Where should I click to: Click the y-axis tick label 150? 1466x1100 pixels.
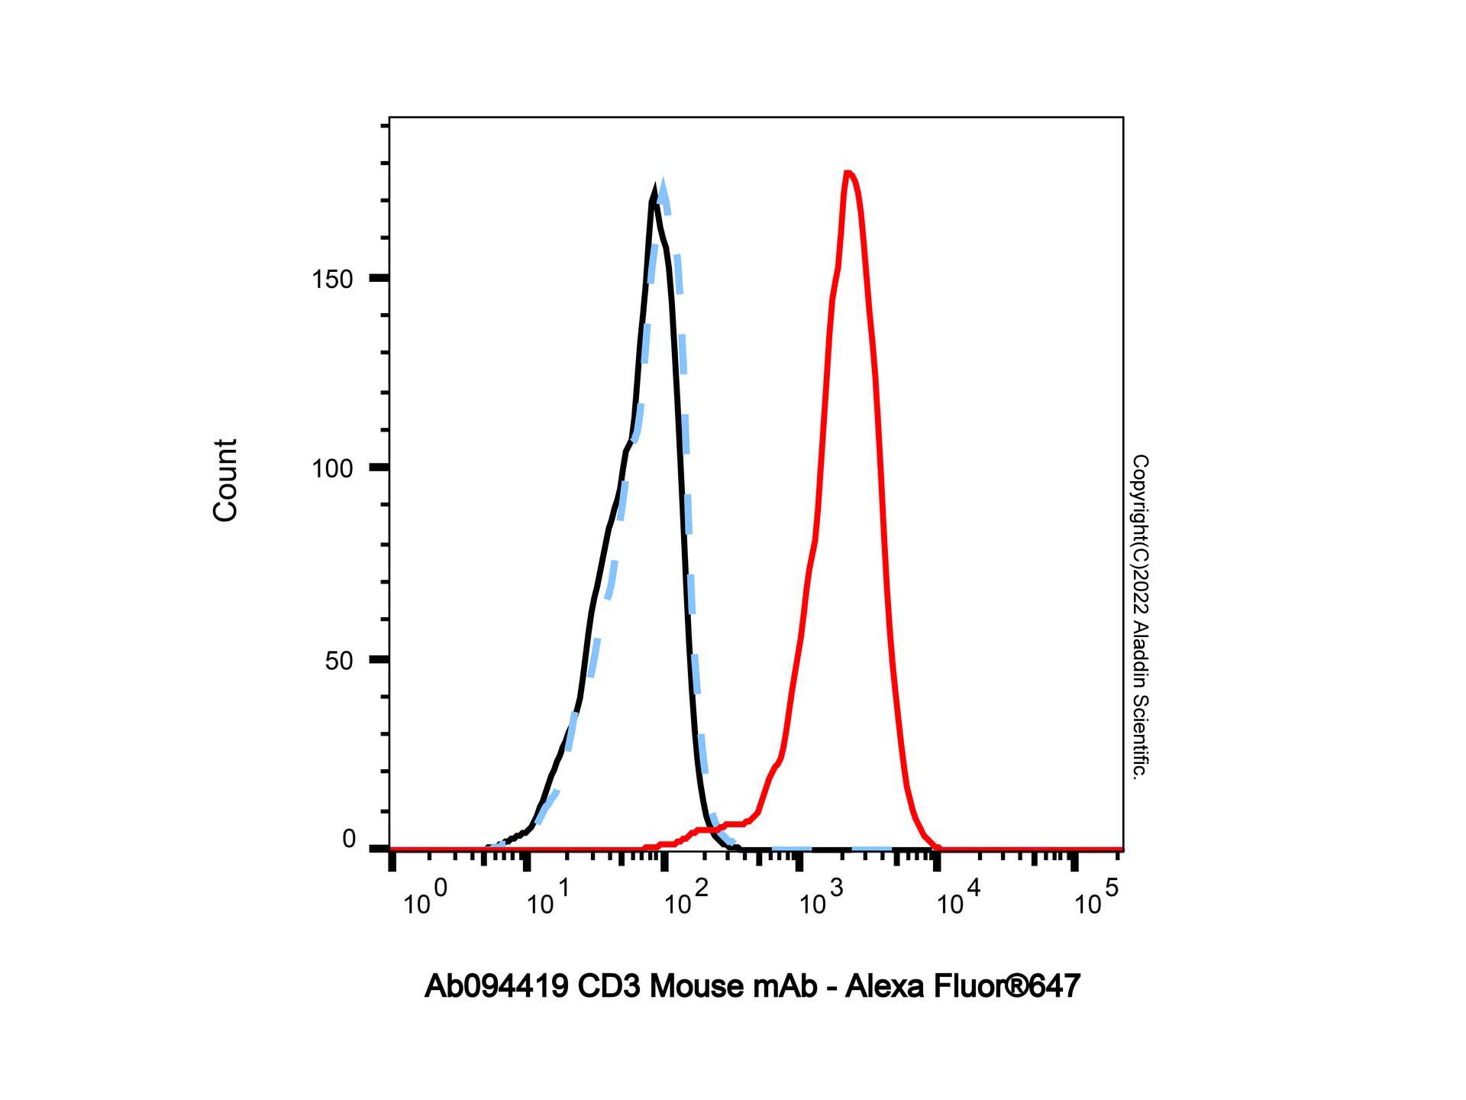point(332,280)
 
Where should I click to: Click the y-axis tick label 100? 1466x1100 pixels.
point(332,468)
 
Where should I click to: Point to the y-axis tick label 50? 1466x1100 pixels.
point(339,661)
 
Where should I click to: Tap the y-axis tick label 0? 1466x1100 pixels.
point(349,840)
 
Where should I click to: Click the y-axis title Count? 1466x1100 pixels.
point(225,480)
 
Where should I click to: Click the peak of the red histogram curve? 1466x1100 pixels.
point(848,173)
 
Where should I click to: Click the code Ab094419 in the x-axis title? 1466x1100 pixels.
point(496,986)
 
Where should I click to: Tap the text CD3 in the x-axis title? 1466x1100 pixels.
point(609,986)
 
